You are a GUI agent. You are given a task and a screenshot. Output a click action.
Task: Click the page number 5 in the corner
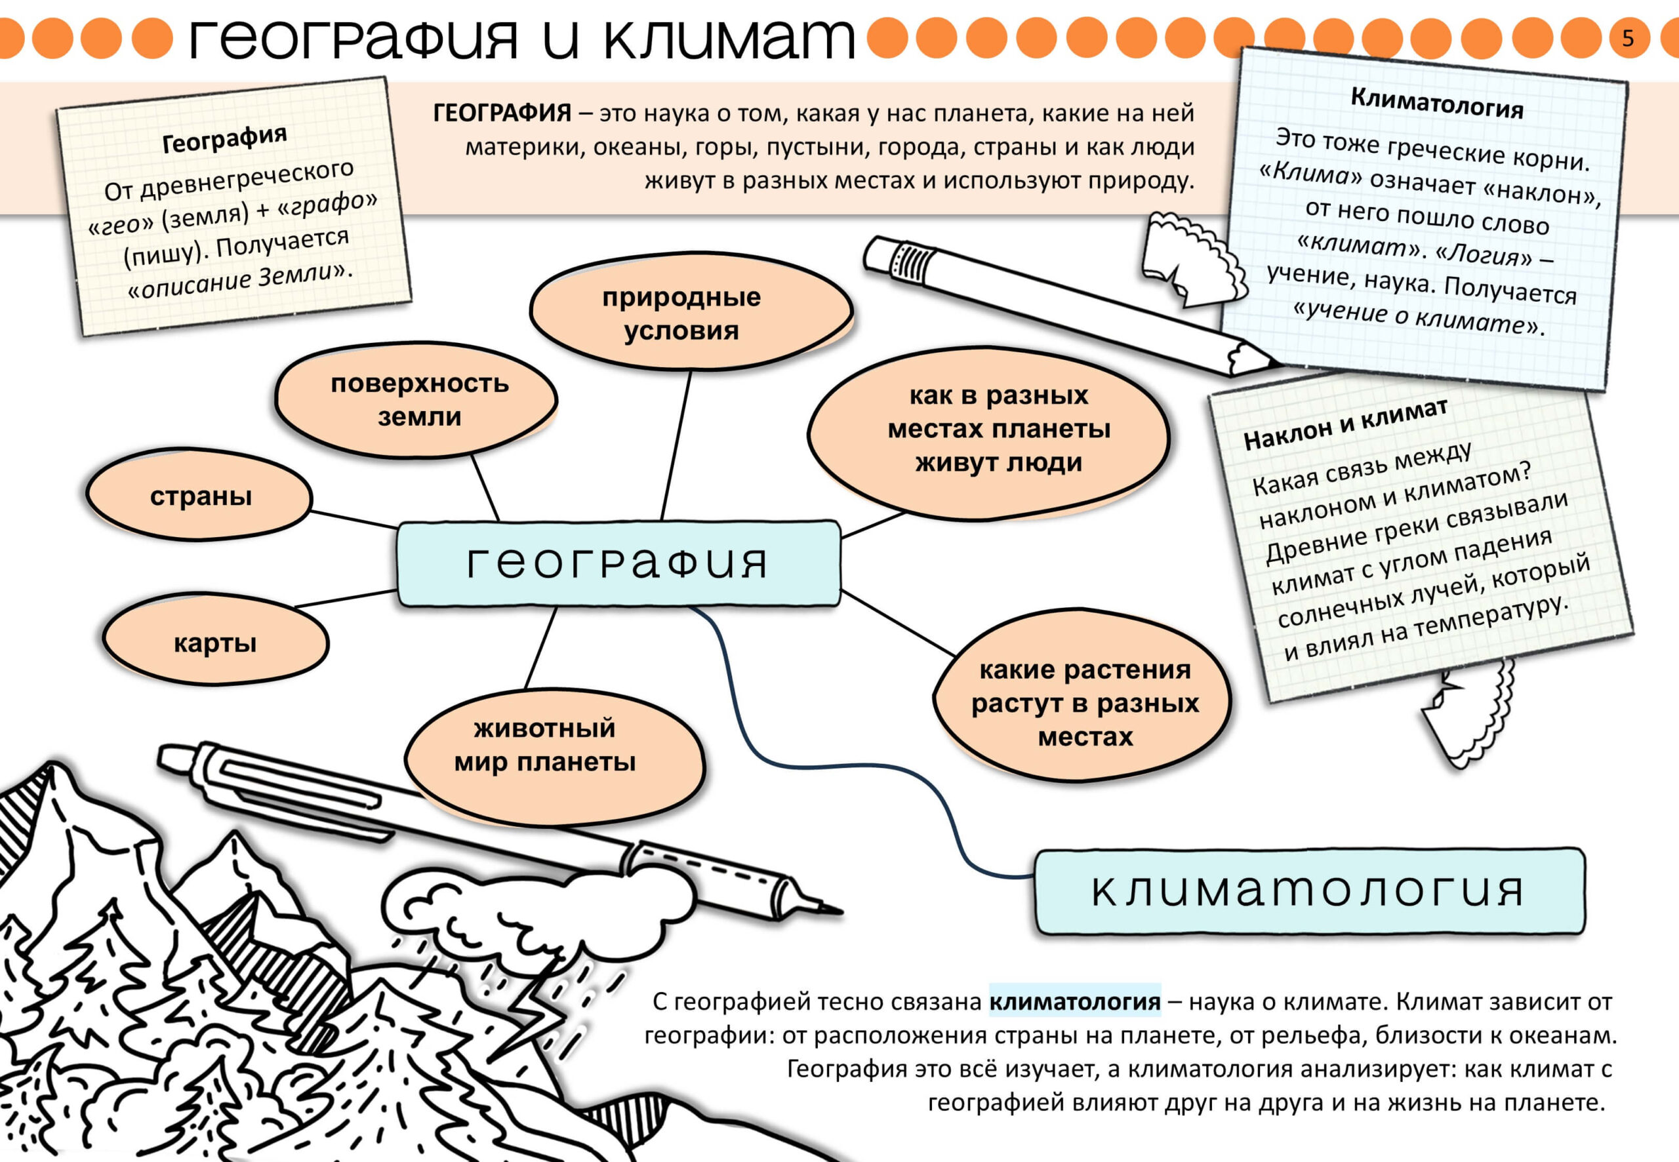click(1627, 38)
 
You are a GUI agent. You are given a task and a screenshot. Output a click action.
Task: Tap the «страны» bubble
click(200, 496)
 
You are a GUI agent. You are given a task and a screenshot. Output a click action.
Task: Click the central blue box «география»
click(617, 563)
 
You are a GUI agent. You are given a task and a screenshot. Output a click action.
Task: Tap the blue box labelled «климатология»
click(1308, 890)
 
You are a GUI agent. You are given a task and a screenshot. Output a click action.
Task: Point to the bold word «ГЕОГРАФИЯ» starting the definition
click(502, 113)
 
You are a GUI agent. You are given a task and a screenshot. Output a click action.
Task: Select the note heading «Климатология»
click(1436, 104)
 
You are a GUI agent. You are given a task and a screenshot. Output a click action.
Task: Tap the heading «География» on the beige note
click(224, 139)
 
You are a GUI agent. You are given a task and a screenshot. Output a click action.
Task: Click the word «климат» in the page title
click(728, 38)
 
